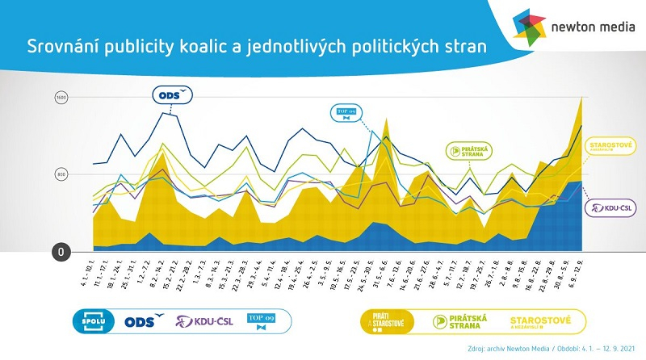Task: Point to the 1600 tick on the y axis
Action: [x=61, y=98]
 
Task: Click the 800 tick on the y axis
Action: [x=61, y=174]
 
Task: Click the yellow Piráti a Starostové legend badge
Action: [x=391, y=321]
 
